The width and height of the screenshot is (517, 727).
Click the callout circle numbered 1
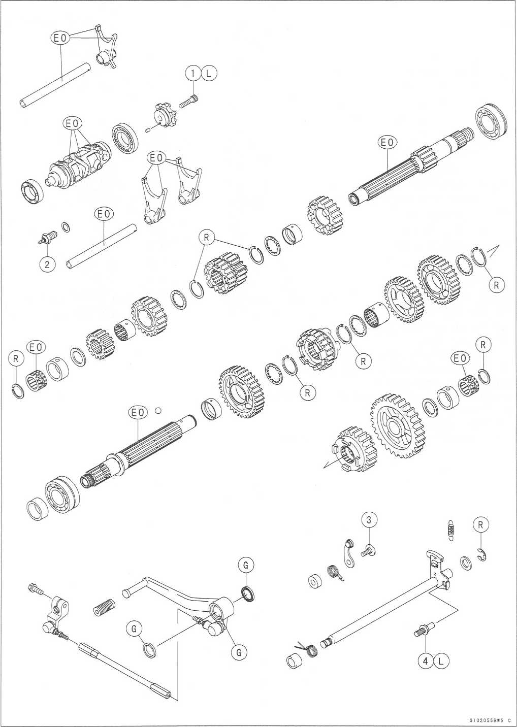[193, 74]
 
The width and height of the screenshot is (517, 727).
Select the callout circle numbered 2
[47, 264]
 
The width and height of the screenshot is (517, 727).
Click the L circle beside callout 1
[209, 74]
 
